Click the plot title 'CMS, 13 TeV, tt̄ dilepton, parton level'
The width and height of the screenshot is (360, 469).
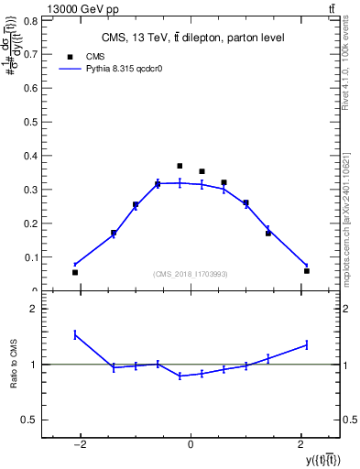point(191,38)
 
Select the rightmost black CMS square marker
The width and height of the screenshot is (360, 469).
point(307,271)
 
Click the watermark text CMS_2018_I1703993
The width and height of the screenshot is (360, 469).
point(191,274)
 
